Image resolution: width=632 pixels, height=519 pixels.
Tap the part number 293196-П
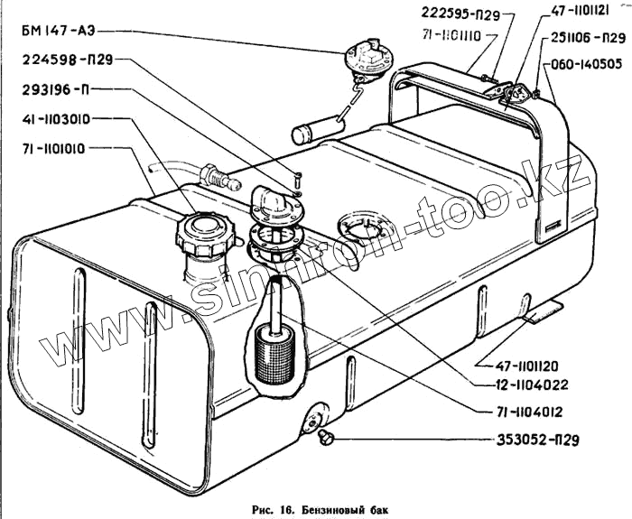point(56,89)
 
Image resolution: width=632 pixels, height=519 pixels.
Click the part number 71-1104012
point(529,413)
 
